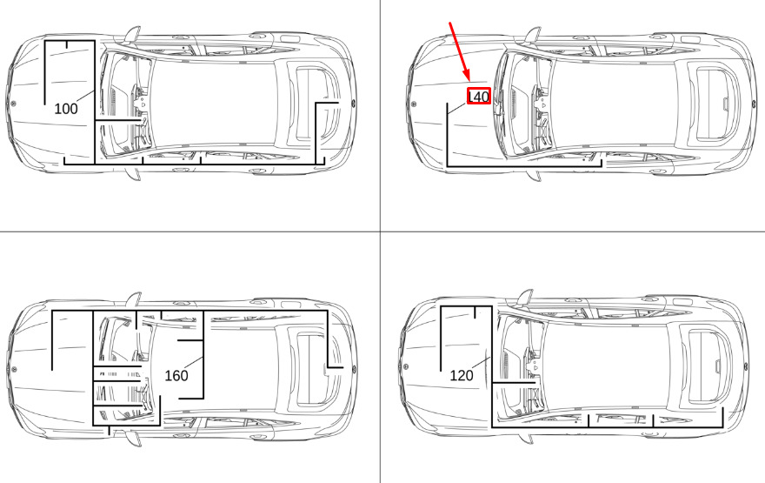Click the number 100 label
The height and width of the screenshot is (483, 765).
(x=66, y=109)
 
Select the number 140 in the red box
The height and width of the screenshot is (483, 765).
(x=478, y=97)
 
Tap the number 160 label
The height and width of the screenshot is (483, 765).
(x=176, y=376)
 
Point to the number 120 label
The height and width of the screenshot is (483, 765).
(x=461, y=376)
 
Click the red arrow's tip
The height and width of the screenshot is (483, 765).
(x=469, y=81)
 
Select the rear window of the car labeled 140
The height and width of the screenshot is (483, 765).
(x=711, y=103)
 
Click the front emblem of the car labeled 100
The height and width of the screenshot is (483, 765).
(x=13, y=103)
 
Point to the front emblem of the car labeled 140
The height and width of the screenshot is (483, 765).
(x=414, y=104)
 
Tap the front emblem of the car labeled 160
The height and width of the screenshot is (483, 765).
(x=14, y=369)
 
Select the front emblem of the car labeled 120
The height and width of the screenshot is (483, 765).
(x=407, y=366)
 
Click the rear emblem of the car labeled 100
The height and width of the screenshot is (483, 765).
(x=352, y=103)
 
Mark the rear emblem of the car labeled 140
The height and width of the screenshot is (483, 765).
(x=755, y=103)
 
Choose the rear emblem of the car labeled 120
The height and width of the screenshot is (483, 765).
(x=746, y=366)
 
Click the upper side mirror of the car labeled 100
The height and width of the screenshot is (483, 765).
(x=132, y=35)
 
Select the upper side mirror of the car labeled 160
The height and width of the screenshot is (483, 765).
(x=133, y=300)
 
